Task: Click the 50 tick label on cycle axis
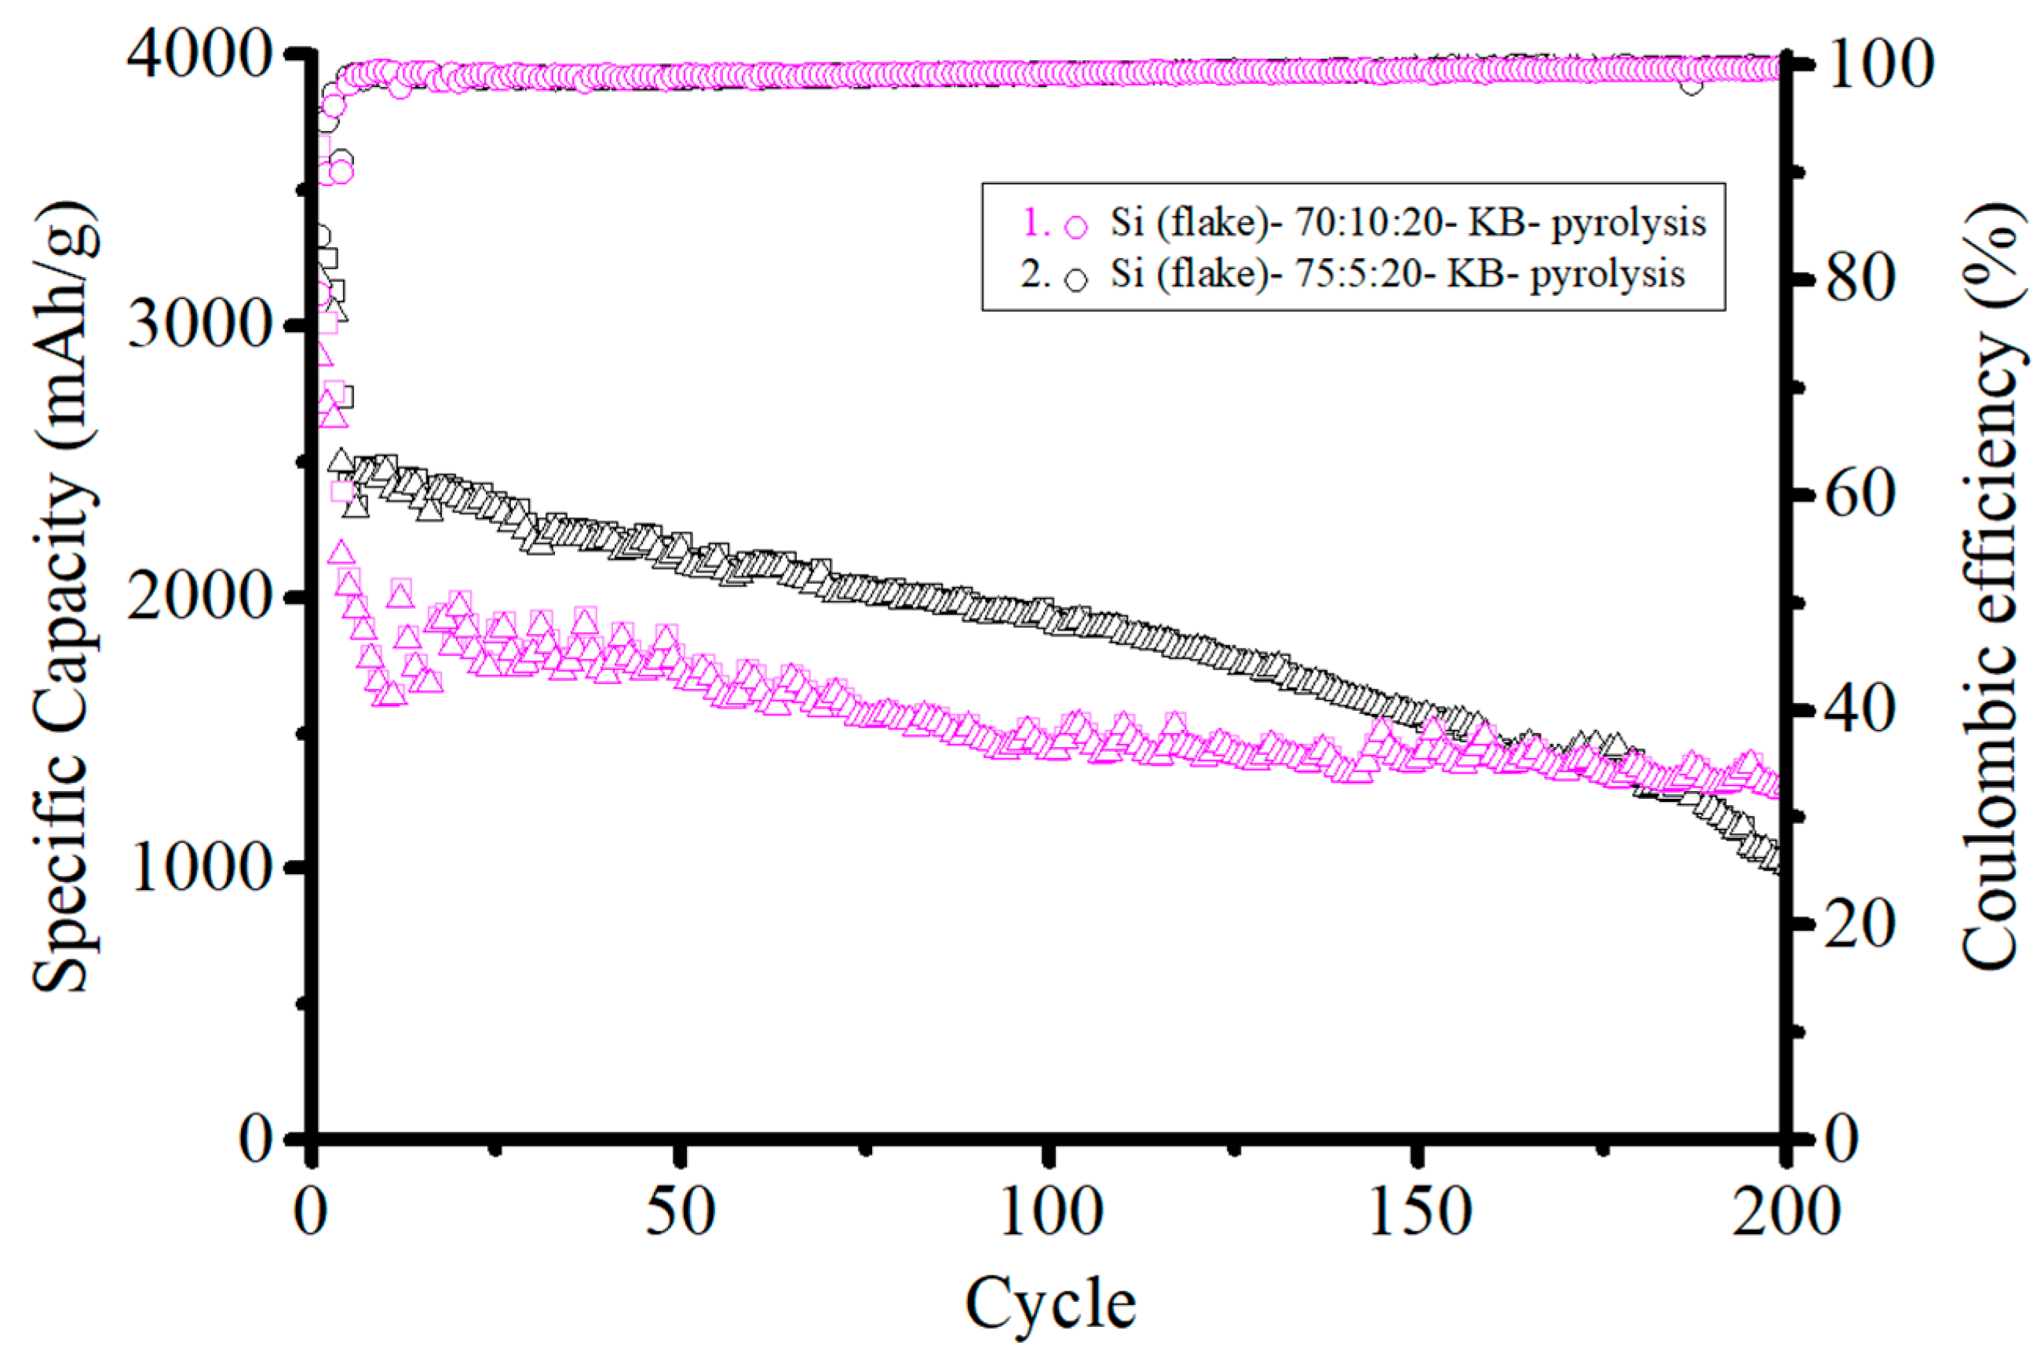coord(681,1213)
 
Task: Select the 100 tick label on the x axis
coord(1049,1213)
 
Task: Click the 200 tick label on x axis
coord(1783,1213)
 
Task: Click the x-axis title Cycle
coord(1049,1304)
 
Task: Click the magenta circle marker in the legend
coord(1076,228)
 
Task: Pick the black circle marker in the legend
coord(1076,280)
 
